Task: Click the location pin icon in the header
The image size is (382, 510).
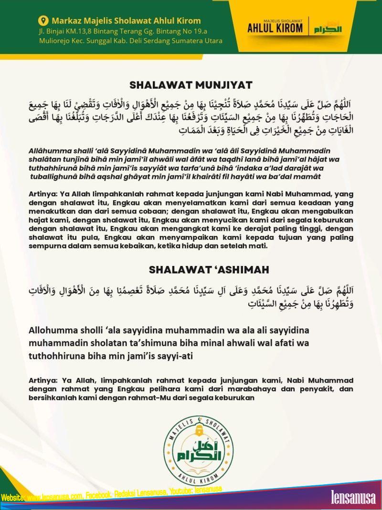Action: click(x=44, y=21)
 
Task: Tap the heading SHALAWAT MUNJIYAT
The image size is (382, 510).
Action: click(x=191, y=85)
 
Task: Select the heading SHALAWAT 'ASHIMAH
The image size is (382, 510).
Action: click(x=209, y=270)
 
